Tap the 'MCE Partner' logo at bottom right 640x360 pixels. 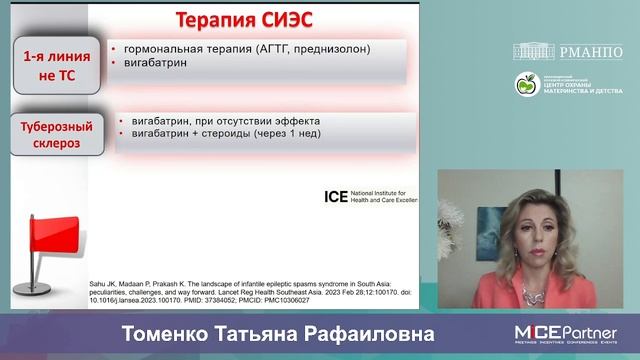(565, 332)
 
